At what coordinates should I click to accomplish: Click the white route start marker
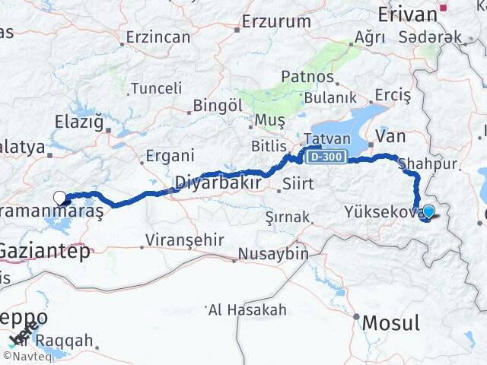point(60,198)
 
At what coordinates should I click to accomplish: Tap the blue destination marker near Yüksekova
point(428,212)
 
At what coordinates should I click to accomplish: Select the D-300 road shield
point(326,157)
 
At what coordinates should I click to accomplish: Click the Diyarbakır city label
point(219,183)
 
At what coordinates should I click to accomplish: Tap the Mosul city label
point(390,322)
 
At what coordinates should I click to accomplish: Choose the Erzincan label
point(158,36)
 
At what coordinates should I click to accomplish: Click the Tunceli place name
point(156,88)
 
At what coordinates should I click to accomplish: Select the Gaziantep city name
point(44,251)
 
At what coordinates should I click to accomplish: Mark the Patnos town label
point(307,76)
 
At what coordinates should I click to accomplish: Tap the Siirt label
point(298,183)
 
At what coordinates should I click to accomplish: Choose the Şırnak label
point(288,217)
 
